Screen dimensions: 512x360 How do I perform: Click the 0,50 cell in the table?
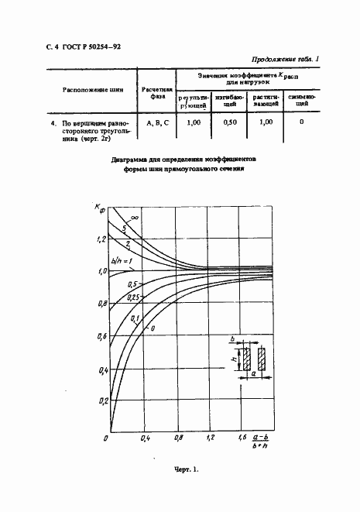pyautogui.click(x=229, y=122)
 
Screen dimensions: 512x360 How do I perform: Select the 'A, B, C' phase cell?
pyautogui.click(x=157, y=122)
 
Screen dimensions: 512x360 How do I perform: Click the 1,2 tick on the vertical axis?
pyautogui.click(x=100, y=240)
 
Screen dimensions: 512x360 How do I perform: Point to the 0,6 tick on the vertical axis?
pyautogui.click(x=100, y=337)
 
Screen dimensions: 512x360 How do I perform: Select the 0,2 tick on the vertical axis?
pyautogui.click(x=100, y=401)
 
